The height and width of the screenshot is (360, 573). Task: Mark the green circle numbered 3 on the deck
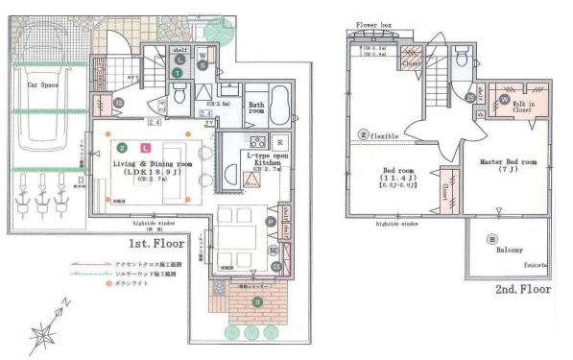point(256,302)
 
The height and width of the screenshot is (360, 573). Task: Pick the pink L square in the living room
point(145,149)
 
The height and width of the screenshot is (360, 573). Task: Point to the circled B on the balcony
point(492,238)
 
